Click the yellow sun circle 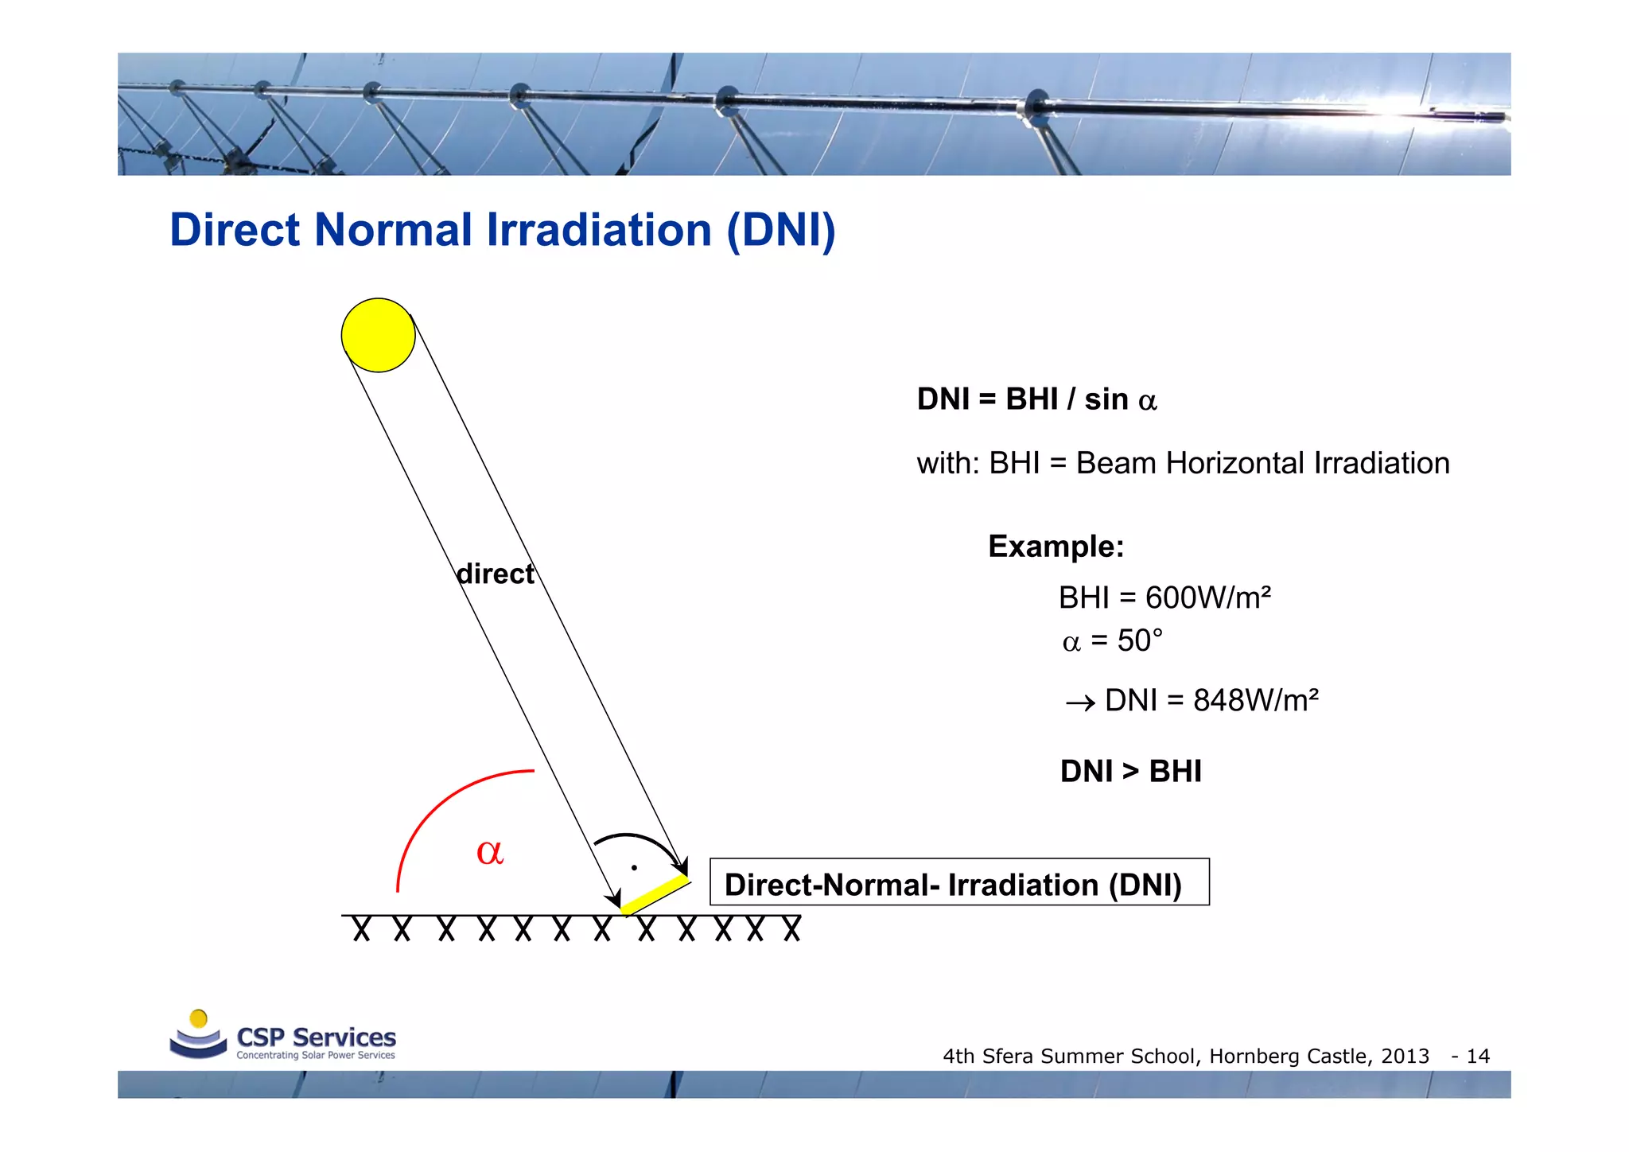pyautogui.click(x=378, y=335)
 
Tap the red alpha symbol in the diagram pyautogui.click(x=489, y=851)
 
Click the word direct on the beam pyautogui.click(x=495, y=574)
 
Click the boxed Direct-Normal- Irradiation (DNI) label pyautogui.click(x=958, y=883)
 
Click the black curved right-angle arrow pyautogui.click(x=636, y=839)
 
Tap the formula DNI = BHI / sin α pyautogui.click(x=1036, y=399)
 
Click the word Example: pyautogui.click(x=1056, y=547)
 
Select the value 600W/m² pyautogui.click(x=1207, y=597)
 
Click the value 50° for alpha pyautogui.click(x=1139, y=640)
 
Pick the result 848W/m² pyautogui.click(x=1255, y=700)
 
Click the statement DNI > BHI pyautogui.click(x=1130, y=771)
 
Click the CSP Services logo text pyautogui.click(x=316, y=1037)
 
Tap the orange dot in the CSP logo pyautogui.click(x=199, y=1018)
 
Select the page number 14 pyautogui.click(x=1478, y=1057)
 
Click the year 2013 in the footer pyautogui.click(x=1405, y=1057)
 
